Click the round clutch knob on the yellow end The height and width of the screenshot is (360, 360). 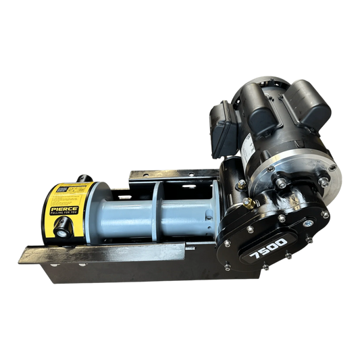tap(63, 232)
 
